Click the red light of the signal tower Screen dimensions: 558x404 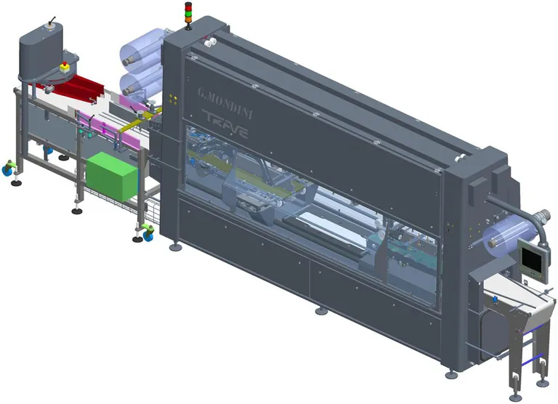pos(188,5)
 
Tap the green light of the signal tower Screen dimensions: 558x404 pos(188,15)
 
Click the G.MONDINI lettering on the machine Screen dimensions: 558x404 pos(225,104)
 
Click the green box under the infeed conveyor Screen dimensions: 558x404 pos(112,176)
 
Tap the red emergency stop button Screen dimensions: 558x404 pos(65,67)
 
